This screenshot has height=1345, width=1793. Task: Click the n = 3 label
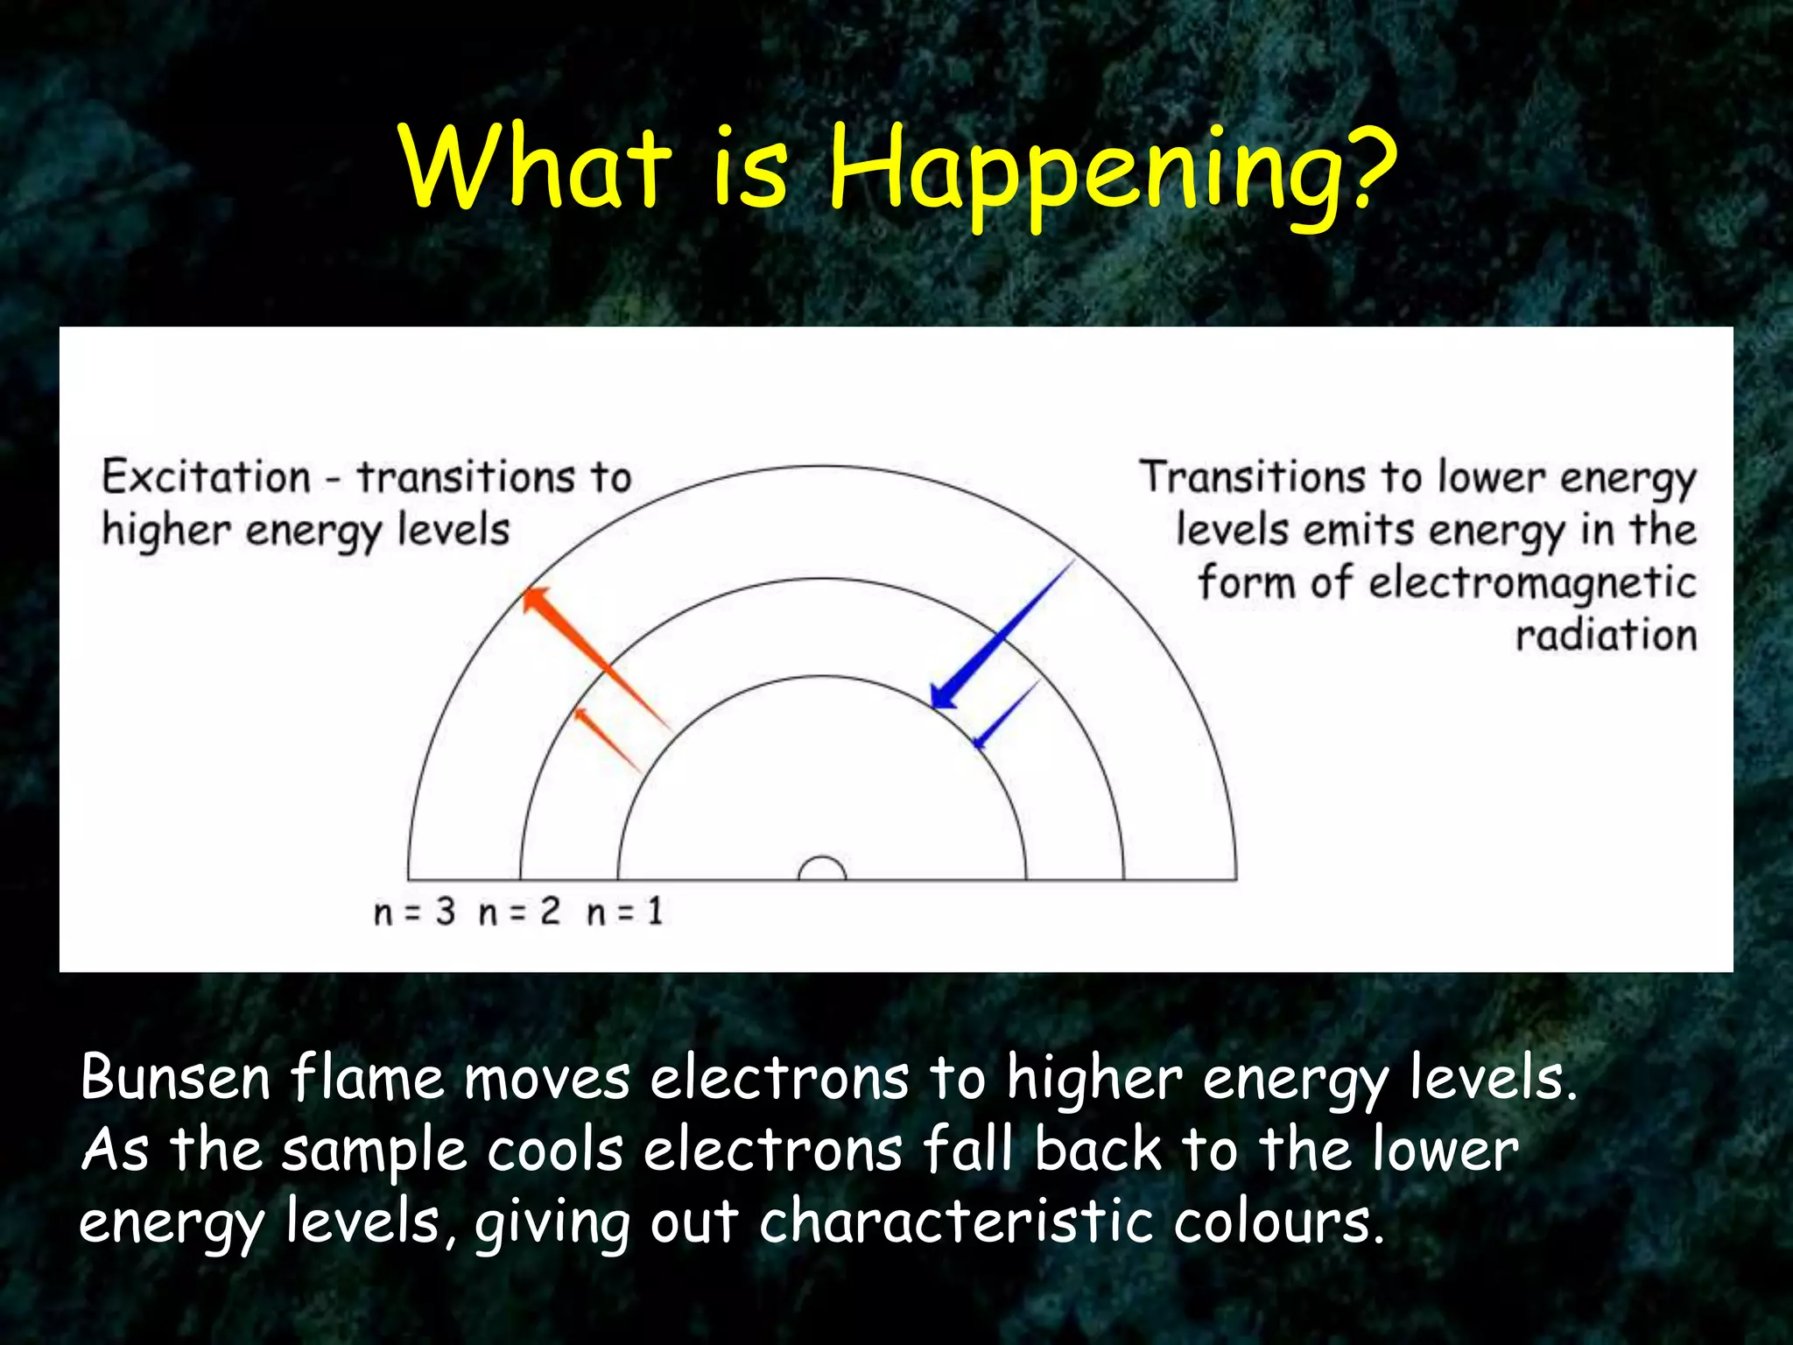click(x=414, y=912)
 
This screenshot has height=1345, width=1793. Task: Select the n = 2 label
click(x=519, y=912)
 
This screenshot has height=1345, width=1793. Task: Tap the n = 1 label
click(x=624, y=912)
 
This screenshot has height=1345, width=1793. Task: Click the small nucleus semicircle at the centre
click(x=822, y=869)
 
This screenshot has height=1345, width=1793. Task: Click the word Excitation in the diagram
click(x=207, y=478)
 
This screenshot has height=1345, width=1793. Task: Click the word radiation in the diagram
click(x=1607, y=635)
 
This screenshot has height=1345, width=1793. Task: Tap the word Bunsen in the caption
click(x=175, y=1078)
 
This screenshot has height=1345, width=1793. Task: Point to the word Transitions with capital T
click(x=1252, y=478)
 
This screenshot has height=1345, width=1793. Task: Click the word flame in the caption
click(x=368, y=1078)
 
